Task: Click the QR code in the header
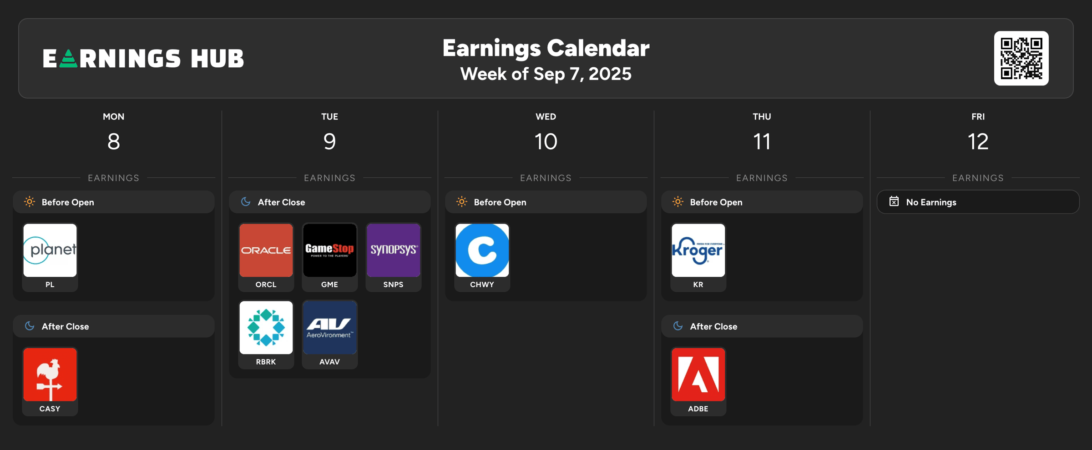[1021, 58]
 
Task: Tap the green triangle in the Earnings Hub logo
[68, 59]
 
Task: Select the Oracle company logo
[266, 250]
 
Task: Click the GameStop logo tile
[330, 250]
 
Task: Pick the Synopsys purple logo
[394, 250]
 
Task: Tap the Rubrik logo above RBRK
[266, 327]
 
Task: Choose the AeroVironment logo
[330, 327]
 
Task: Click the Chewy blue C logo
[482, 250]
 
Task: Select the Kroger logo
[698, 250]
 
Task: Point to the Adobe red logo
[698, 375]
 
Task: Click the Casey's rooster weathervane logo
[50, 375]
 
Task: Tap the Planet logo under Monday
[50, 250]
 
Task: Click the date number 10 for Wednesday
[546, 141]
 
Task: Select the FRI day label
[978, 117]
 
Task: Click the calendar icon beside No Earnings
[894, 201]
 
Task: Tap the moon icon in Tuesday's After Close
[246, 201]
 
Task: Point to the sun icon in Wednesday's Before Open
[462, 201]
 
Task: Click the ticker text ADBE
[698, 409]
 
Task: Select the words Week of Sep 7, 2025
[546, 74]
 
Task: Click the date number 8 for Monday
[114, 141]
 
